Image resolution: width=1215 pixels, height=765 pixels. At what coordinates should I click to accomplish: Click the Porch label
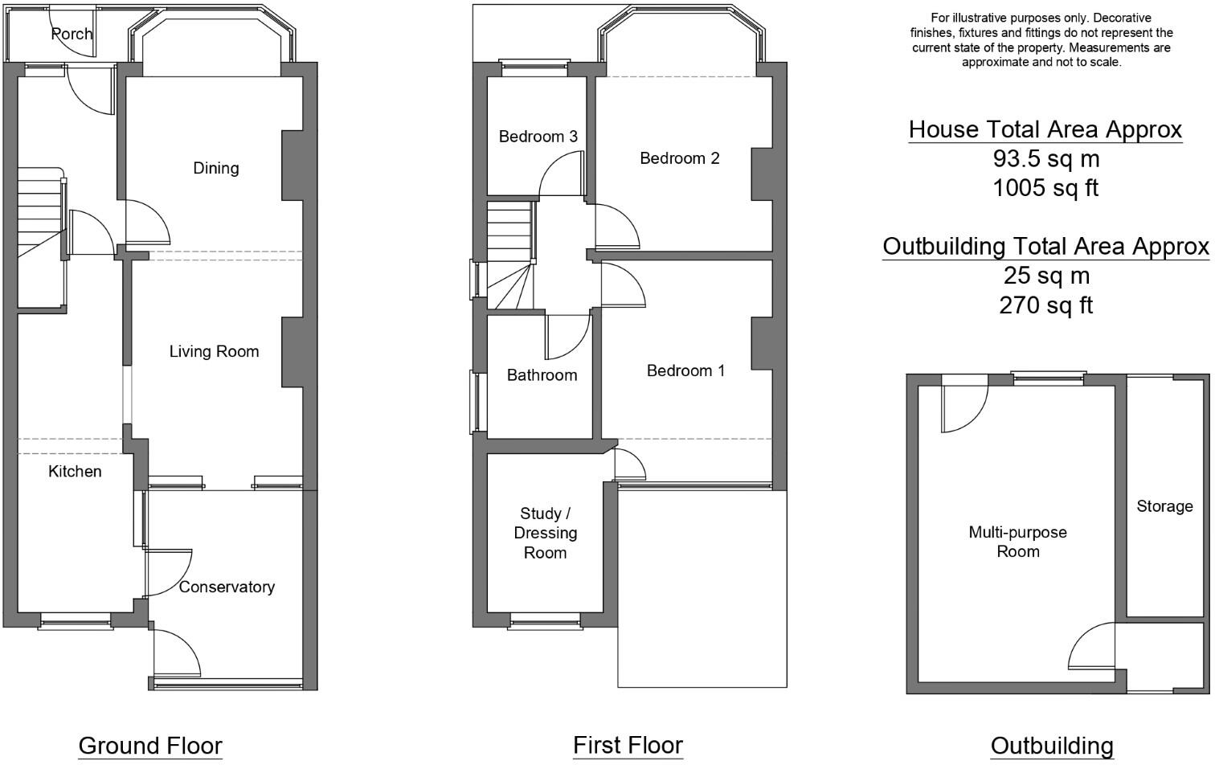(x=72, y=34)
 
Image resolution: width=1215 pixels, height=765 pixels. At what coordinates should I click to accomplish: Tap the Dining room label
(x=216, y=168)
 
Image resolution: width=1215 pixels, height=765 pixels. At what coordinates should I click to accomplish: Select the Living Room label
(x=214, y=351)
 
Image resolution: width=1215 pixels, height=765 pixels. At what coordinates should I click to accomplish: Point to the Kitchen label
(x=75, y=472)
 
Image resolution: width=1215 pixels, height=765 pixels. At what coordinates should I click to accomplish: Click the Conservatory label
(x=227, y=587)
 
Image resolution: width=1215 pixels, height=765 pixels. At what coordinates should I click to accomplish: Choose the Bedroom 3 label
(x=538, y=137)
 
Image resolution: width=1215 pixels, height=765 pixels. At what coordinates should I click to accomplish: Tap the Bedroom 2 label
(x=679, y=158)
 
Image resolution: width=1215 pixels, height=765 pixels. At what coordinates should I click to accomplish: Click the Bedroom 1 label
(x=685, y=370)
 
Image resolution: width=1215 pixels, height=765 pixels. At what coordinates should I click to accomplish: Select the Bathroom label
(x=542, y=375)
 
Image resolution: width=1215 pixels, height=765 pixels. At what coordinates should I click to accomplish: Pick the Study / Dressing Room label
(x=545, y=534)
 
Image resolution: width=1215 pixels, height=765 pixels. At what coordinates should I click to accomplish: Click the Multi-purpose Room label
(x=1017, y=542)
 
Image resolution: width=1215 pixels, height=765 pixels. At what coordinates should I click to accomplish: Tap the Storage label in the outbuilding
(x=1164, y=506)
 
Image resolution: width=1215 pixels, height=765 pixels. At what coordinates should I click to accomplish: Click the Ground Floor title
(x=150, y=746)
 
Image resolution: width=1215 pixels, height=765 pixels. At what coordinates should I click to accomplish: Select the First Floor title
(x=628, y=745)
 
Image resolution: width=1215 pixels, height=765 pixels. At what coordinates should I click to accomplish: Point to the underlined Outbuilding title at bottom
(x=1052, y=746)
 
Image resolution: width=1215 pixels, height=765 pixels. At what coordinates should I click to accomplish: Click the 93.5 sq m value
(x=1045, y=159)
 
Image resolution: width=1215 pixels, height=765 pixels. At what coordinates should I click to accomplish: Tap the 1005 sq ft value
(x=1045, y=188)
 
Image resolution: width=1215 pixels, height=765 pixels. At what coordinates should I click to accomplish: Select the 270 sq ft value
(x=1045, y=305)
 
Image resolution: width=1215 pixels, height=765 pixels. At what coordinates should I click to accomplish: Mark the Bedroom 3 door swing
(x=561, y=175)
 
